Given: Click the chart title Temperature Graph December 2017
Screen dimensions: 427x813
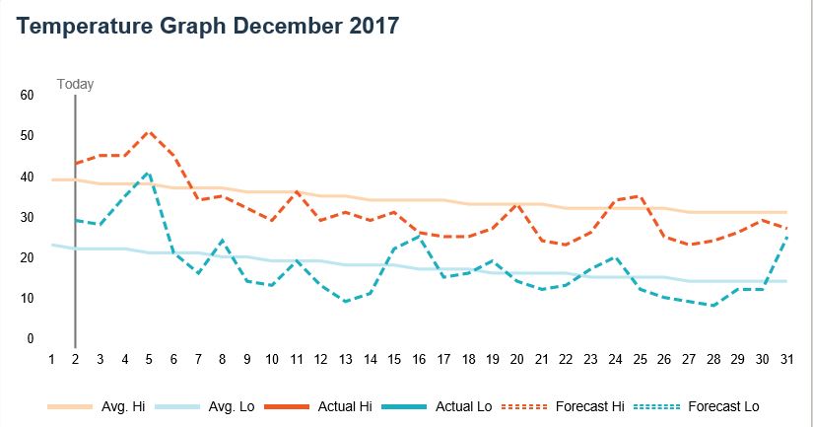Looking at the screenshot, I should click(208, 27).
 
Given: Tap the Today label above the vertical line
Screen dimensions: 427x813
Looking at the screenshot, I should click(76, 84).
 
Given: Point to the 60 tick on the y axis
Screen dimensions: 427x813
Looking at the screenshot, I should click(27, 96).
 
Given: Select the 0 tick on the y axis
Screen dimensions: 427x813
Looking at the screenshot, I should click(30, 339).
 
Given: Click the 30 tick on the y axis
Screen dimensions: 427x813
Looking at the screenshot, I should click(27, 218).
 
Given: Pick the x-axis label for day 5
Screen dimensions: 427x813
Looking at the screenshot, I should click(149, 361).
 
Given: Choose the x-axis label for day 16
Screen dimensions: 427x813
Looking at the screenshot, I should click(418, 361).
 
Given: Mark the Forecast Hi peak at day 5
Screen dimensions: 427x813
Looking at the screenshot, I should click(149, 131).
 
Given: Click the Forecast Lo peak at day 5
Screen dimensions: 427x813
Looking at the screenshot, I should click(149, 173).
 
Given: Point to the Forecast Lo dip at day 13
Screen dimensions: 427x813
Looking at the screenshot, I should click(344, 302).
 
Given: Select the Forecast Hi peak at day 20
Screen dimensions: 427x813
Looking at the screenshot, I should click(515, 204).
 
